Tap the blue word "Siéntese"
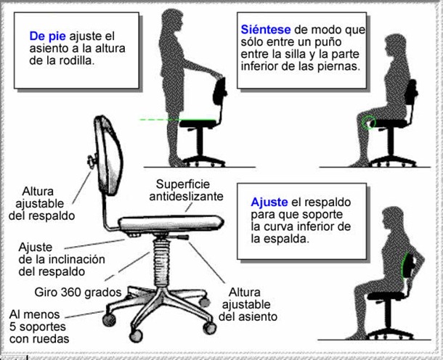click(x=265, y=30)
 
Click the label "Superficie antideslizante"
click(x=185, y=190)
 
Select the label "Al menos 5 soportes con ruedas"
click(x=40, y=326)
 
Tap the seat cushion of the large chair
click(x=174, y=218)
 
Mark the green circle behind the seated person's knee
click(x=371, y=121)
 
